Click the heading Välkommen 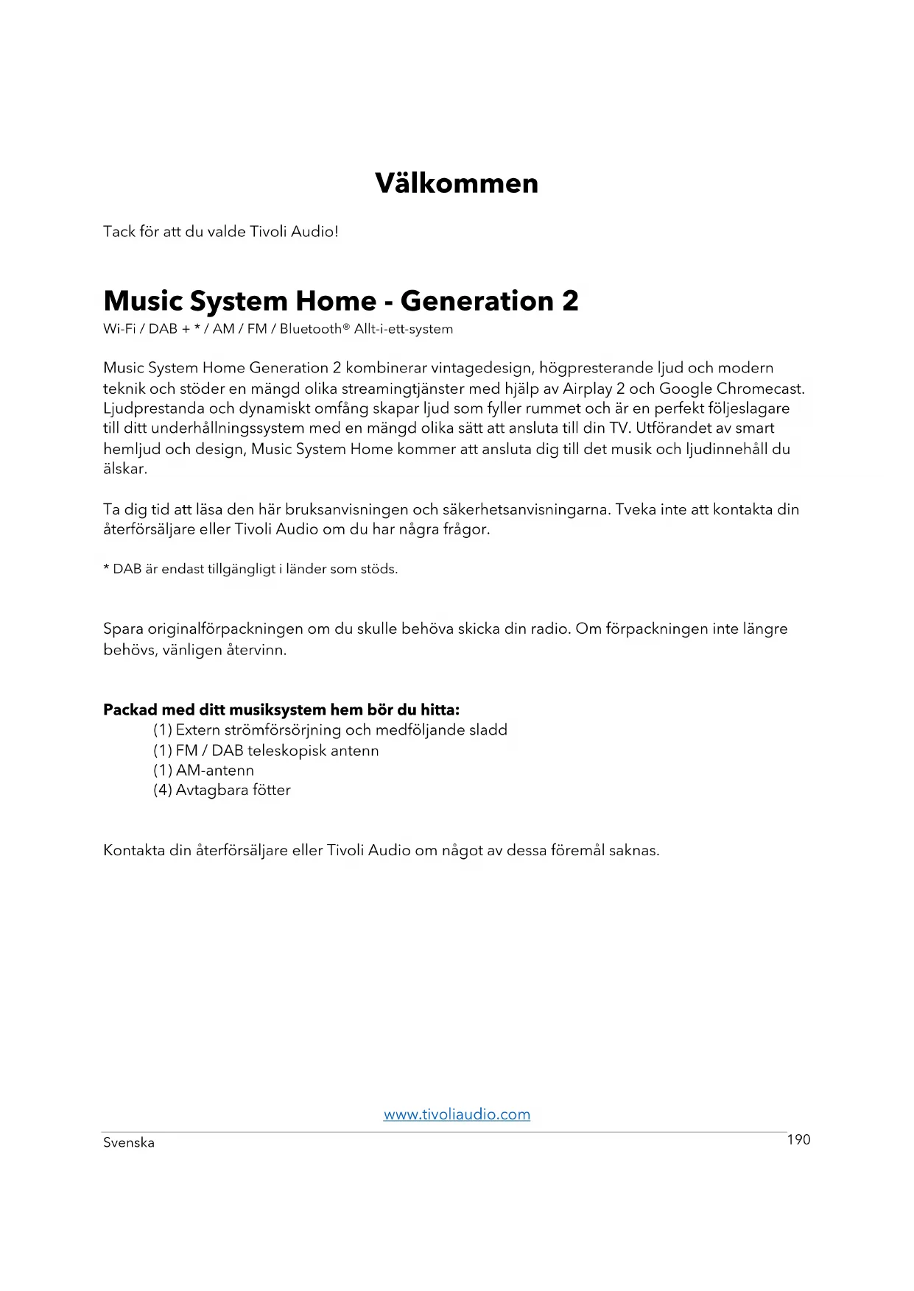pyautogui.click(x=457, y=183)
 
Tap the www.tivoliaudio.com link pyautogui.click(x=457, y=1114)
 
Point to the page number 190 pyautogui.click(x=798, y=1139)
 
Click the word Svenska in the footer pyautogui.click(x=129, y=1142)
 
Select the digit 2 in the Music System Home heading pyautogui.click(x=570, y=300)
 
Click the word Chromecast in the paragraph pyautogui.click(x=760, y=388)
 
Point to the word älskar pyautogui.click(x=125, y=468)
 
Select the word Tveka pyautogui.click(x=635, y=509)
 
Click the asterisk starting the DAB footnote pyautogui.click(x=107, y=568)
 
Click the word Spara pyautogui.click(x=123, y=629)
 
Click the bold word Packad pyautogui.click(x=130, y=710)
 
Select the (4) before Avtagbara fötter pyautogui.click(x=162, y=790)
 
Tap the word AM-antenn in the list pyautogui.click(x=215, y=770)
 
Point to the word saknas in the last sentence pyautogui.click(x=633, y=850)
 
